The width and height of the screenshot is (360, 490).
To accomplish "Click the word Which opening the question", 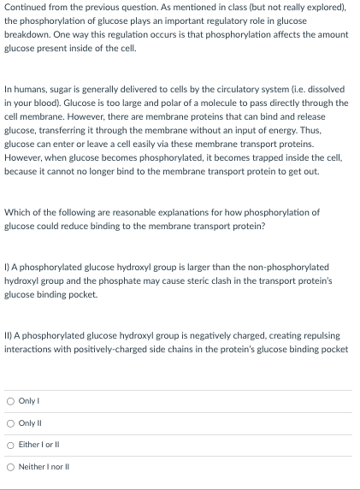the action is (18, 211).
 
